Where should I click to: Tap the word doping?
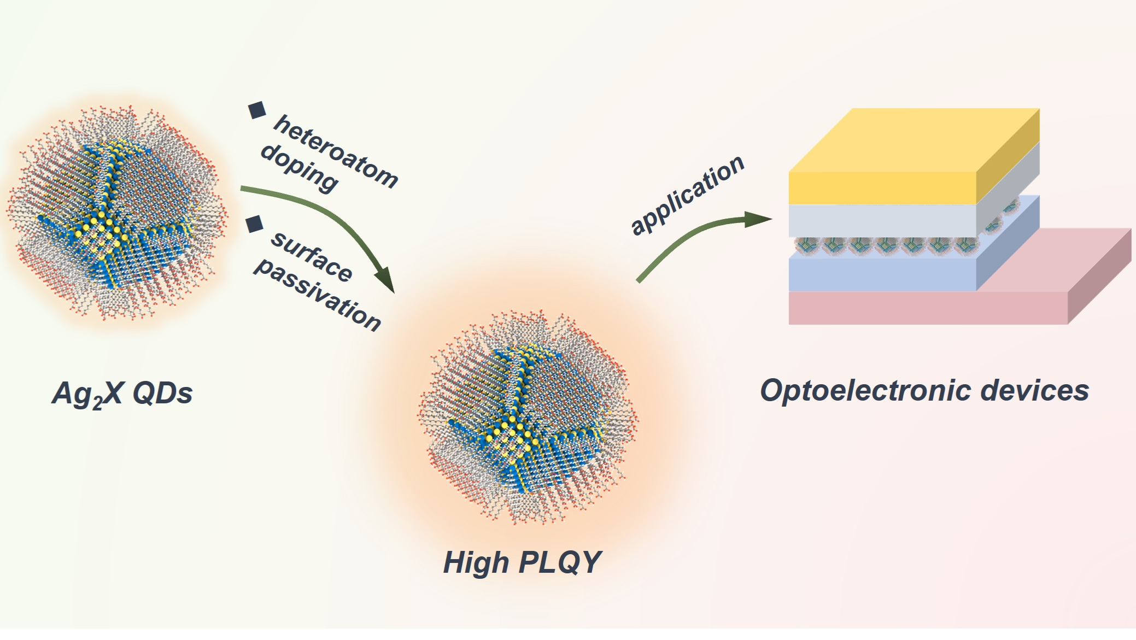299,168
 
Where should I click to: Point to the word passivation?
317,295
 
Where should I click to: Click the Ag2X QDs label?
122,394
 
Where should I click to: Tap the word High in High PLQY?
476,563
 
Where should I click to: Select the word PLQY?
560,562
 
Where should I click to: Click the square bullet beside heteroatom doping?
257,110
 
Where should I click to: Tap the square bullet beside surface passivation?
255,224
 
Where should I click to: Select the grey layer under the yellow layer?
881,220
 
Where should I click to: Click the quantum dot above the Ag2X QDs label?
116,213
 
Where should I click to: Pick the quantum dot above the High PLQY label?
528,418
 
